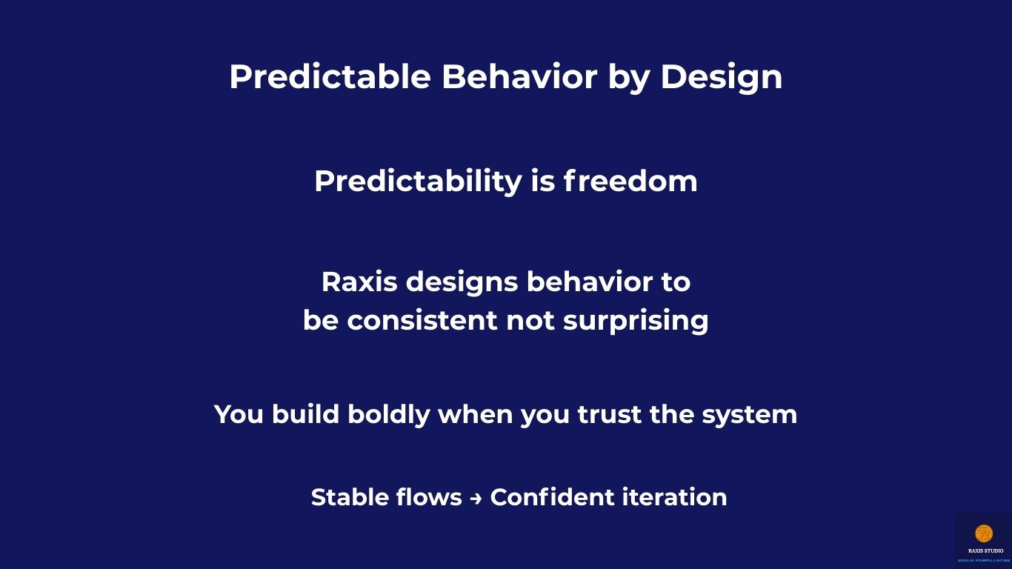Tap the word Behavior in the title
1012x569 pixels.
point(519,76)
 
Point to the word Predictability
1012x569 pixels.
point(418,182)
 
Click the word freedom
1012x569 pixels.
point(630,182)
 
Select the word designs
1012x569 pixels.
point(462,283)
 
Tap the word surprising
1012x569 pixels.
point(636,322)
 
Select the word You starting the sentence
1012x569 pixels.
point(239,414)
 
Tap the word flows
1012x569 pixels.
point(429,497)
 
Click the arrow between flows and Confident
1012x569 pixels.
point(476,499)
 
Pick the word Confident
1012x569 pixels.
point(552,497)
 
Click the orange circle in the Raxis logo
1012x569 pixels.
point(984,533)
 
